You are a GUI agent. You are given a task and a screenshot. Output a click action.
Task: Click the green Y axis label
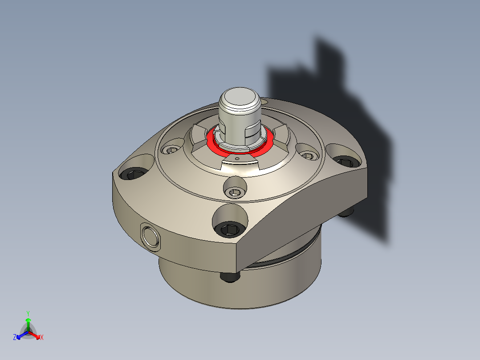click(x=28, y=313)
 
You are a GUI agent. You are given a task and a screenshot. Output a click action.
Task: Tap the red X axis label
click(x=42, y=338)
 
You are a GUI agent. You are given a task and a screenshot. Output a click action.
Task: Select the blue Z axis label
click(x=15, y=338)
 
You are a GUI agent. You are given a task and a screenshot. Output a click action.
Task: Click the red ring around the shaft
click(x=214, y=145)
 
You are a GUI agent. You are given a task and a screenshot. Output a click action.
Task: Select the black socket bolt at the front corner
click(x=230, y=229)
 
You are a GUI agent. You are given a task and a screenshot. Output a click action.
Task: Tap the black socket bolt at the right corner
click(x=344, y=161)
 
